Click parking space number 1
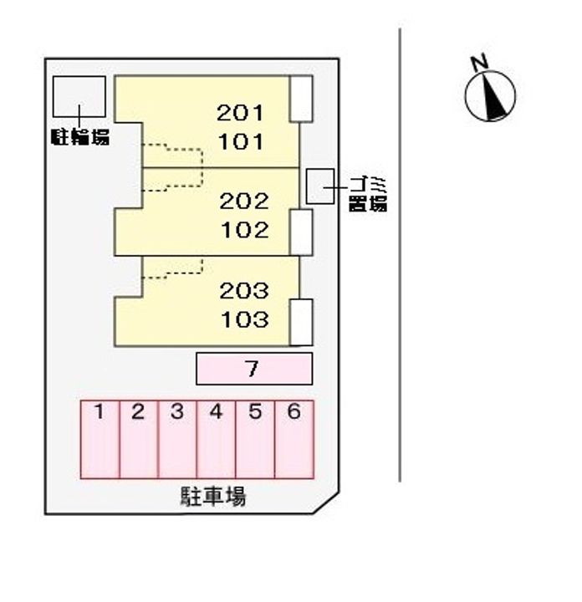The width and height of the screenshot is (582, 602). coord(100,440)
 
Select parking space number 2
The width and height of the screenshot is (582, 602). coord(139,440)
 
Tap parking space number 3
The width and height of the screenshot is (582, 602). coord(177,440)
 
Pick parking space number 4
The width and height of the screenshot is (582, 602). coord(216,440)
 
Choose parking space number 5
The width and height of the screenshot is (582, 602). coord(255,440)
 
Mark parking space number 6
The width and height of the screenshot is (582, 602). coord(294,440)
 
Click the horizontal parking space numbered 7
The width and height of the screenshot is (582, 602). coord(253,369)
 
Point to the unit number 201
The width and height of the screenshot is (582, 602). coord(241,113)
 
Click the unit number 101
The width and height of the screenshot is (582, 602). coord(241,140)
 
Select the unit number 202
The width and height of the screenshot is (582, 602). coord(244,201)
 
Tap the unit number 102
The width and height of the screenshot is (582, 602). coord(244,229)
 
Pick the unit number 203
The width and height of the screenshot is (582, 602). coord(244,291)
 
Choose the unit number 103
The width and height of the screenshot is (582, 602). coord(244,319)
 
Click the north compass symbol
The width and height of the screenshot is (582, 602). coord(489,95)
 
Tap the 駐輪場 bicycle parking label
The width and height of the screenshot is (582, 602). coord(79,137)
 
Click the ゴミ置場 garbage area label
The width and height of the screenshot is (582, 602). coord(367,193)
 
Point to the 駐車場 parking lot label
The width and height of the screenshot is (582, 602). coord(213,497)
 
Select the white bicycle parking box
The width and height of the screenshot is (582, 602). coord(79,96)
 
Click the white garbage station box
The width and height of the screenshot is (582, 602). coord(319,186)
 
